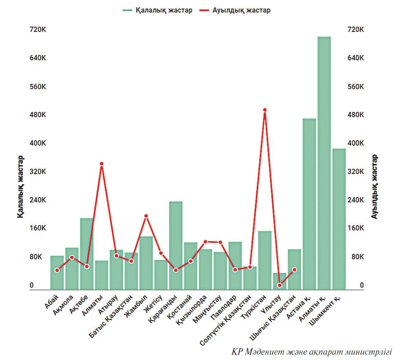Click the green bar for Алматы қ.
click(x=324, y=163)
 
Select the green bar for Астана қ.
click(x=309, y=204)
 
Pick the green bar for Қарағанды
click(x=176, y=246)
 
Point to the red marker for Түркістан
click(x=265, y=110)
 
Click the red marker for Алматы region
click(x=101, y=164)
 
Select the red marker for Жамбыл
click(x=146, y=216)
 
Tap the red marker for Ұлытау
click(x=280, y=285)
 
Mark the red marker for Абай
click(x=57, y=270)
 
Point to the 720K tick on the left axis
click(x=37, y=30)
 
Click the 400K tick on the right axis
click(x=355, y=143)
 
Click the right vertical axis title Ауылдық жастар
click(x=375, y=186)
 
